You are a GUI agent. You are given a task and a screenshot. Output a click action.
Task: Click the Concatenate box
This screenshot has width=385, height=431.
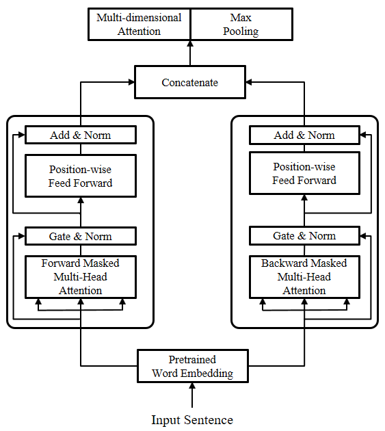click(x=190, y=82)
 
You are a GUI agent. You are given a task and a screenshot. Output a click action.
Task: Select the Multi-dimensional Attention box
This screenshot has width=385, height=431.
click(x=139, y=24)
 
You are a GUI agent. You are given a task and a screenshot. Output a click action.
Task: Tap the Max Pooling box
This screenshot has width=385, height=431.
click(x=241, y=24)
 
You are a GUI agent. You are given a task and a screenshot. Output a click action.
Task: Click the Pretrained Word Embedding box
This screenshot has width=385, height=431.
click(x=193, y=366)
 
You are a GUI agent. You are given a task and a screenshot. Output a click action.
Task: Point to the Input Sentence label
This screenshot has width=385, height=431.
click(x=192, y=420)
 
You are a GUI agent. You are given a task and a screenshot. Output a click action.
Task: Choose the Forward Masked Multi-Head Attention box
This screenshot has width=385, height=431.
click(x=81, y=277)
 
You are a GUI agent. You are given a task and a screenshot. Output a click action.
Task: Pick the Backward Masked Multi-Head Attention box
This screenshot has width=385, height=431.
click(x=304, y=277)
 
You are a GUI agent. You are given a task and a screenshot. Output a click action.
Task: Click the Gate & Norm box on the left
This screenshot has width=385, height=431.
click(x=81, y=236)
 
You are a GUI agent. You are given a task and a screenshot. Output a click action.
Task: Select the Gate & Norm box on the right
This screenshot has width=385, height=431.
click(x=304, y=235)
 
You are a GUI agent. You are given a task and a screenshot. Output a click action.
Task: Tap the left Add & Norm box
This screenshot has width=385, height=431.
click(x=81, y=135)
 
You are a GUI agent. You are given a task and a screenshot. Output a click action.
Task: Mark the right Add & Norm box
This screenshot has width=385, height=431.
click(x=304, y=135)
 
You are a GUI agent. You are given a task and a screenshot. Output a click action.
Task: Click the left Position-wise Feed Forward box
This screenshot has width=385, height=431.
click(x=81, y=176)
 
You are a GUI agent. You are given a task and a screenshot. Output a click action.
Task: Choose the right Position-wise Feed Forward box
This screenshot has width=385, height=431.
click(x=304, y=173)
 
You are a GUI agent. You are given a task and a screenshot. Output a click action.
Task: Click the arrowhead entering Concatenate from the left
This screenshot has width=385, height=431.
click(x=131, y=82)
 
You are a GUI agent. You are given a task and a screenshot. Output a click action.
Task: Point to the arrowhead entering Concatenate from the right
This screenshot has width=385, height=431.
click(x=249, y=82)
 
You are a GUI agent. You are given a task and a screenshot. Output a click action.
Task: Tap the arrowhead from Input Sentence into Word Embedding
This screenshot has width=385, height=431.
click(x=192, y=386)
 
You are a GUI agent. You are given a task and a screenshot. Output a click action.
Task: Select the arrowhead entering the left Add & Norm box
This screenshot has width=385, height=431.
click(x=22, y=135)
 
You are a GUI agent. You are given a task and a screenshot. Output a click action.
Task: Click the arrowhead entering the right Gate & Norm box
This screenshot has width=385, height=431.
click(x=363, y=236)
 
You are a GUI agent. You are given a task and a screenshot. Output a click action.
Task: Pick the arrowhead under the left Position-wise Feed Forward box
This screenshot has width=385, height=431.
click(x=81, y=200)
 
